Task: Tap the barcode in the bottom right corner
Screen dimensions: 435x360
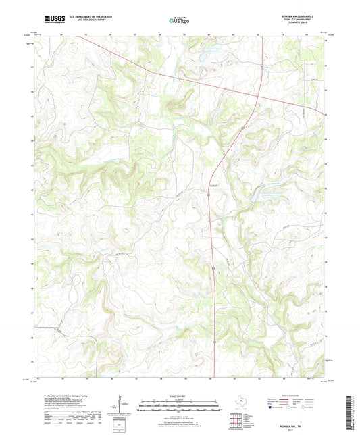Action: (x=349, y=411)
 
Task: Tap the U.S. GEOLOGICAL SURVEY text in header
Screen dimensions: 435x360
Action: (x=81, y=22)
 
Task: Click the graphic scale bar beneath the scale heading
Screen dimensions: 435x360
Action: (x=179, y=407)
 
